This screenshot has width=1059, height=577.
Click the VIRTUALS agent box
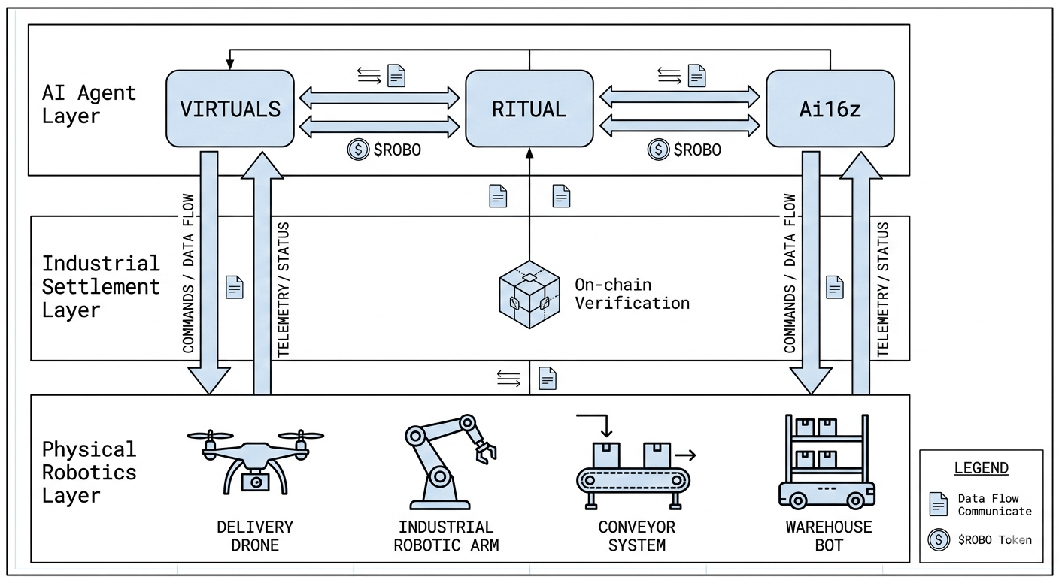(229, 108)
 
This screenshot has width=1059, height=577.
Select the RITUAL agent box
(529, 108)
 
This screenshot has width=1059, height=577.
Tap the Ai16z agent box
(830, 108)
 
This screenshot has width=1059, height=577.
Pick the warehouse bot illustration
(824, 461)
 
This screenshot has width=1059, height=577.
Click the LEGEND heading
(981, 468)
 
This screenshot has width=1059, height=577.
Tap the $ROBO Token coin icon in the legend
(939, 539)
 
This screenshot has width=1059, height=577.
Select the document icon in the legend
(938, 504)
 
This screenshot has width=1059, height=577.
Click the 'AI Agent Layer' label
(89, 104)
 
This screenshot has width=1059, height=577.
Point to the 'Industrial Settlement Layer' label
(101, 286)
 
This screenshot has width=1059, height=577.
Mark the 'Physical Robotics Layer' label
(89, 472)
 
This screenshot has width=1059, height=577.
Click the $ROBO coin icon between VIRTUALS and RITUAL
(357, 150)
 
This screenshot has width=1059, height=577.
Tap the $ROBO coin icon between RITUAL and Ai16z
(658, 150)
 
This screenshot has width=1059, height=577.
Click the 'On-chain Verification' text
(631, 294)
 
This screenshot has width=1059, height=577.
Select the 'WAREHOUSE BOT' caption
(828, 535)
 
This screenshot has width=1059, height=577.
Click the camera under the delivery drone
(256, 481)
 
